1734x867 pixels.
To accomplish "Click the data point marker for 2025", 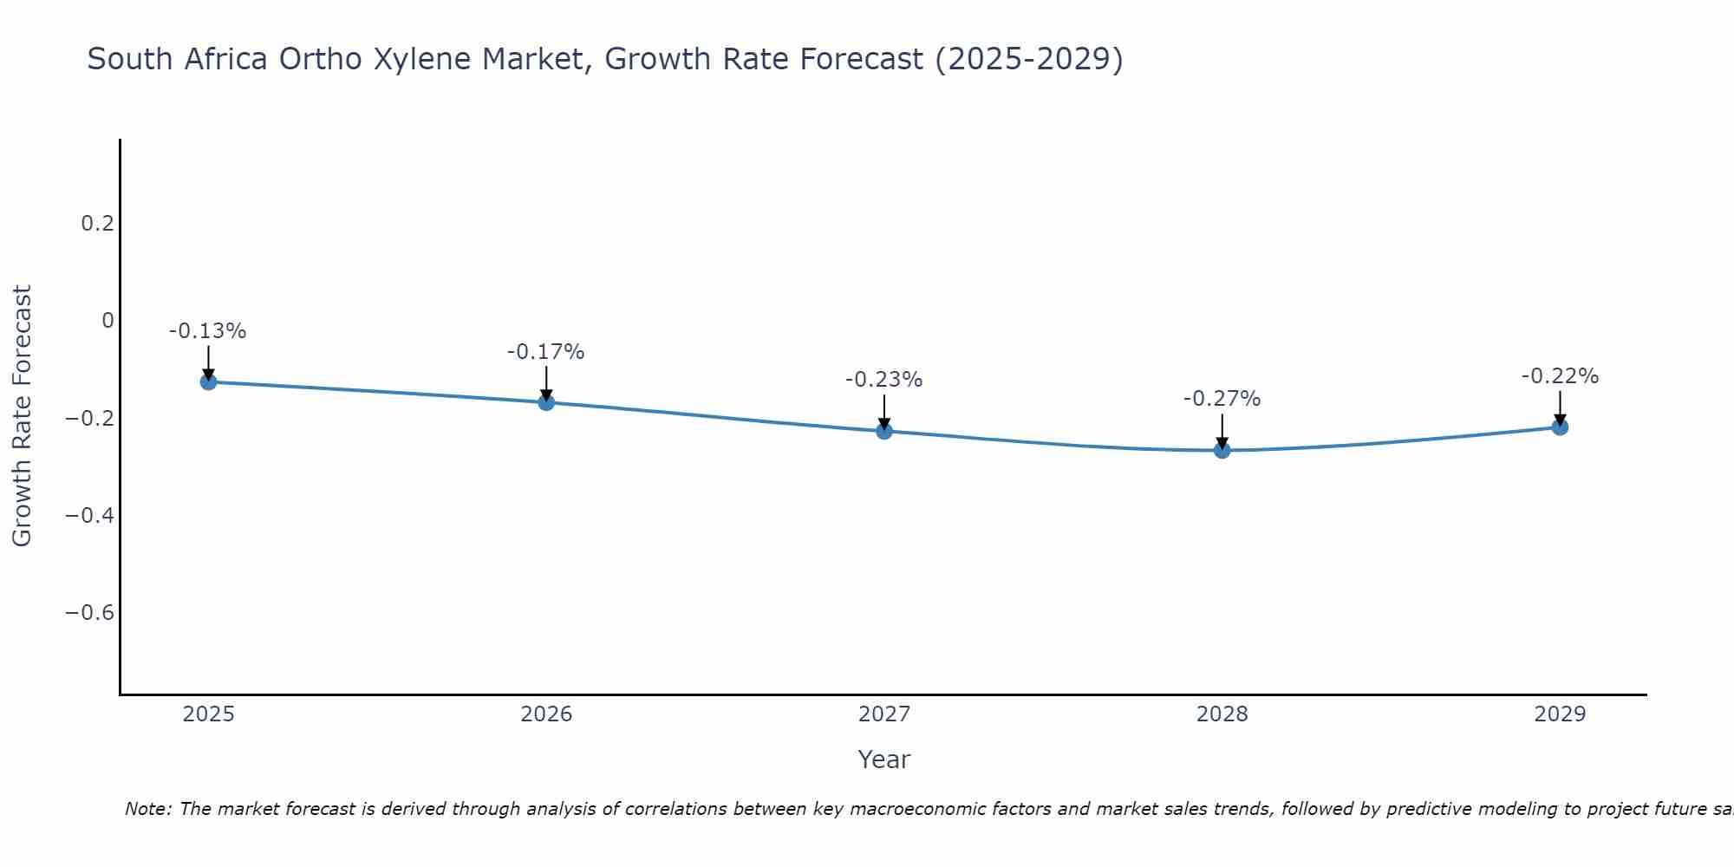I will click(208, 381).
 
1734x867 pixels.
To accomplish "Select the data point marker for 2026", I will click(546, 402).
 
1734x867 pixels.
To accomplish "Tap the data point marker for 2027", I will click(884, 431).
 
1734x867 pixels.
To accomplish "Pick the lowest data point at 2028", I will click(1222, 450).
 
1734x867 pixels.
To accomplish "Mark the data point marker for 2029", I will click(1560, 427).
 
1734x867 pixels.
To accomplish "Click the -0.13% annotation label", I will click(208, 331).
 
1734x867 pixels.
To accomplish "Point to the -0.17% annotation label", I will click(546, 352).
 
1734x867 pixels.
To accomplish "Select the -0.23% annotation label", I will click(884, 380).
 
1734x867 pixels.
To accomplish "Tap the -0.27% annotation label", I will click(1222, 399).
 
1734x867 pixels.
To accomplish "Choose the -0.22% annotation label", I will click(1560, 376).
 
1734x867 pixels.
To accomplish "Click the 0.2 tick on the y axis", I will click(97, 224).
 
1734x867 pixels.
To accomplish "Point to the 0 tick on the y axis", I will click(108, 321).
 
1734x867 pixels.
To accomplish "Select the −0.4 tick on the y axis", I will click(89, 516).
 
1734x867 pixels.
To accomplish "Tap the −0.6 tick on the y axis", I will click(89, 613).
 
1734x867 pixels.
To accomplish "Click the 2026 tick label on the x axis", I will click(546, 714).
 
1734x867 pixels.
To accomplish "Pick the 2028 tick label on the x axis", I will click(1222, 714).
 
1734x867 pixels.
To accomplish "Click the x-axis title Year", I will click(883, 759).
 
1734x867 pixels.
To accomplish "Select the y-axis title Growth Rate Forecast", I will click(22, 416).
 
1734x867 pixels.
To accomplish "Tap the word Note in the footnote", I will click(147, 809).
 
